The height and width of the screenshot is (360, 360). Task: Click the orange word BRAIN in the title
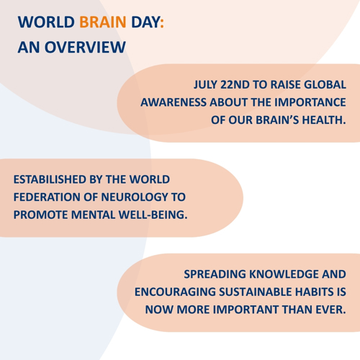coord(103,22)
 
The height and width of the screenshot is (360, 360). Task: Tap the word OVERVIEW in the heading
coord(85,47)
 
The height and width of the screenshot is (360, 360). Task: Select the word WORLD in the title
coord(46,22)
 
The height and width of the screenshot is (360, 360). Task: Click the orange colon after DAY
coord(162,23)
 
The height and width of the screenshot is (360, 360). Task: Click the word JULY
coord(205,85)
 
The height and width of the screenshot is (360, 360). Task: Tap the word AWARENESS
coord(174,102)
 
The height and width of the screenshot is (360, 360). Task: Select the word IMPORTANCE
coord(310,102)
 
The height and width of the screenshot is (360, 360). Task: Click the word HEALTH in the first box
coord(324,120)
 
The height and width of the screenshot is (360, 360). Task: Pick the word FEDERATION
coord(47,197)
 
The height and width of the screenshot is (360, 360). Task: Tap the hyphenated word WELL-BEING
coord(153,215)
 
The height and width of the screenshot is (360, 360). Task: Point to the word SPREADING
coord(215,274)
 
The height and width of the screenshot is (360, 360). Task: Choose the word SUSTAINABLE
coord(256,292)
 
